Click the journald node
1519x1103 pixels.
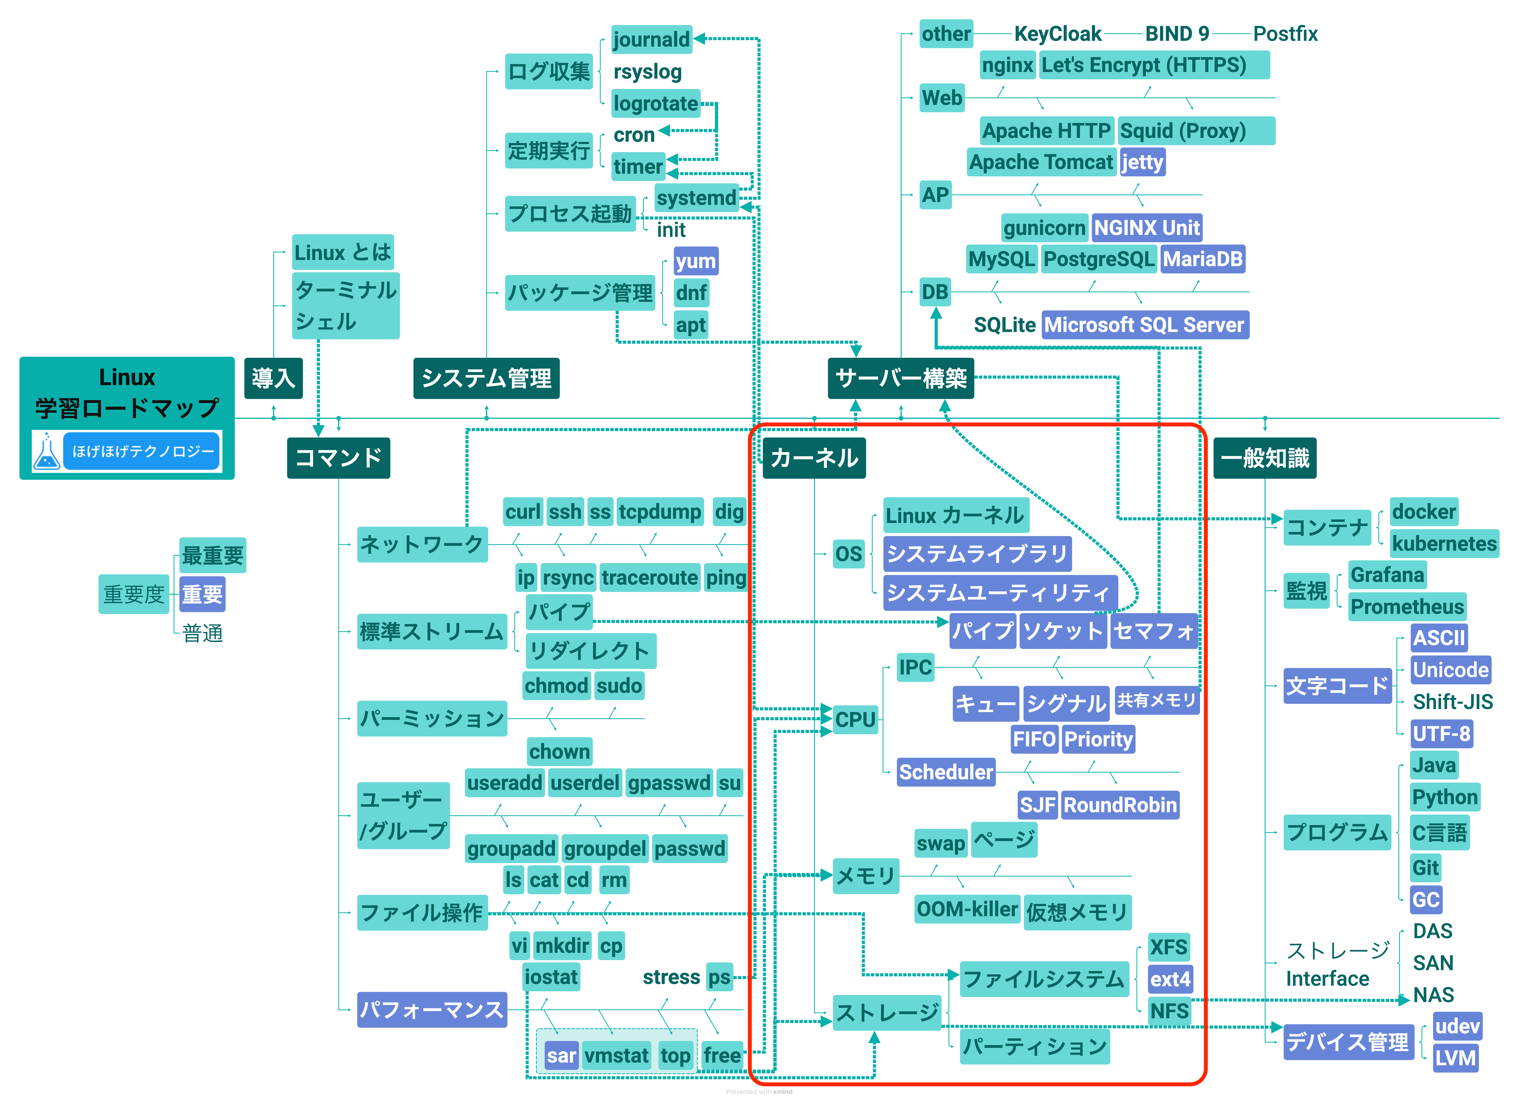651,39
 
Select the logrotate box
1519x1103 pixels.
656,104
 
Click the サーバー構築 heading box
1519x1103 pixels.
901,378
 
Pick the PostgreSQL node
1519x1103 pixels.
1098,259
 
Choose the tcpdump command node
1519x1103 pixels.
660,512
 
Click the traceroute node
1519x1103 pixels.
650,577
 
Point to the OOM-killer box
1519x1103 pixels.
967,909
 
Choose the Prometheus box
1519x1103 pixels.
1407,607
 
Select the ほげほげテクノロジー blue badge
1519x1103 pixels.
142,451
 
